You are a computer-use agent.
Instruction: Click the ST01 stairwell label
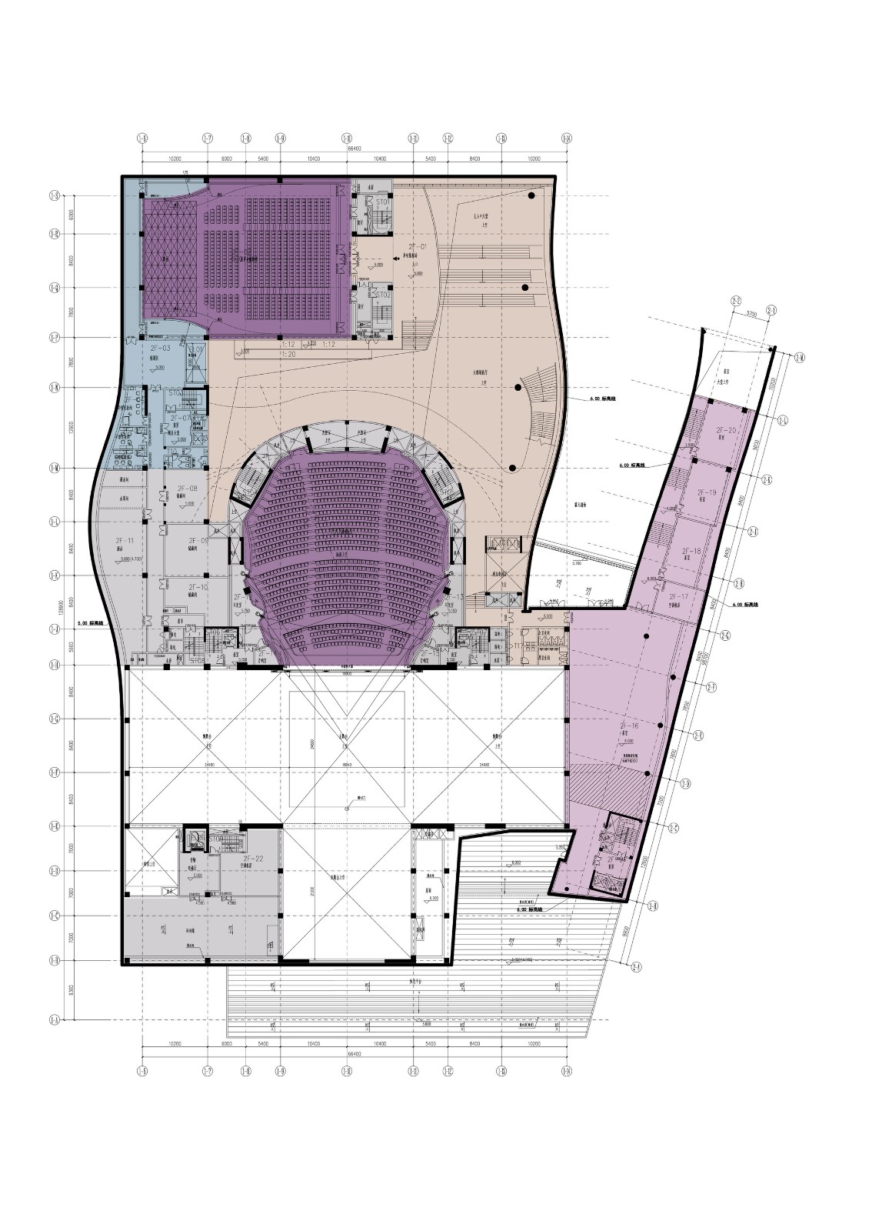tap(381, 202)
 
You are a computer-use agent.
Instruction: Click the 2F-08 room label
tap(188, 489)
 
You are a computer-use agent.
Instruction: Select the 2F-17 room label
tap(679, 596)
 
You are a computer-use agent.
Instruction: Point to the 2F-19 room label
tap(706, 492)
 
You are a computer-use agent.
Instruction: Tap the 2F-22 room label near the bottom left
tap(253, 858)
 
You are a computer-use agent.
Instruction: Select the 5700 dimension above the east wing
tap(752, 314)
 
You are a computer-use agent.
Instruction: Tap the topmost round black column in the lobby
tap(531, 197)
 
